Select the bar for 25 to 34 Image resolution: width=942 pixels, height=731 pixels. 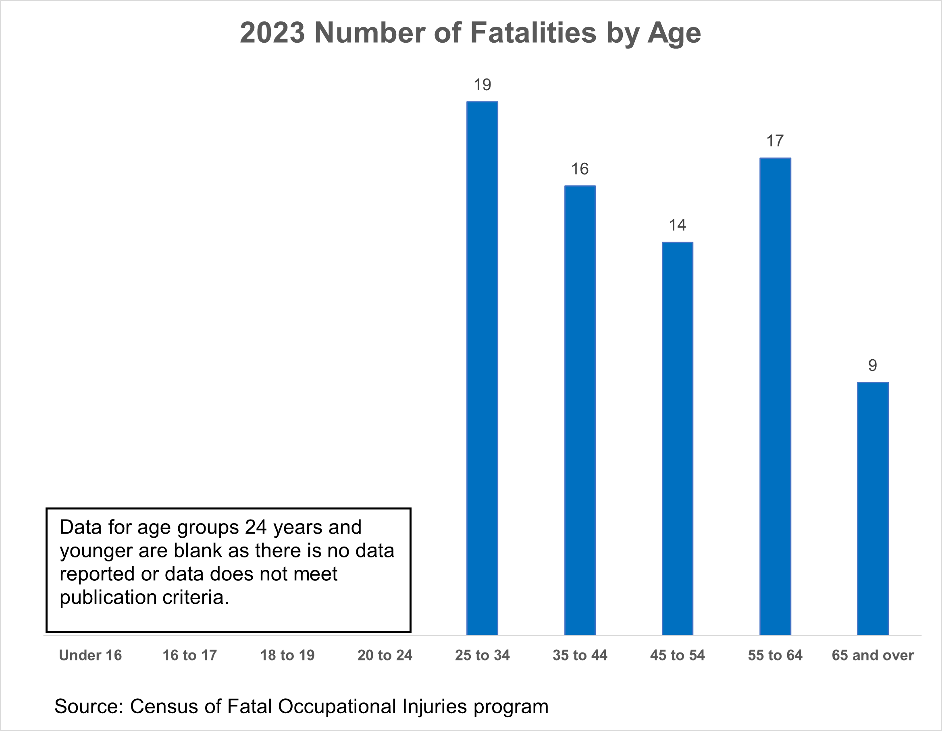(x=482, y=368)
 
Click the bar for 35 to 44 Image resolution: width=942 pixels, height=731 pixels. (x=580, y=410)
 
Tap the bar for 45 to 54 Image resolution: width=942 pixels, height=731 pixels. (x=677, y=438)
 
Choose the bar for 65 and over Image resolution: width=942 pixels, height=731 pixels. (x=873, y=509)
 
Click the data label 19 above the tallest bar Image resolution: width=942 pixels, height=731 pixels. (x=482, y=85)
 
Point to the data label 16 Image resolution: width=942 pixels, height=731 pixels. (x=580, y=169)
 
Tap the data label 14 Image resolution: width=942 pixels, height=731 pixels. (x=677, y=225)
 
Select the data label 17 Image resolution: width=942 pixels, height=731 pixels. (x=775, y=141)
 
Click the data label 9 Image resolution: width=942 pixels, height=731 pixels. (x=873, y=366)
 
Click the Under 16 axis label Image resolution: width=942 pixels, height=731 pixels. (x=90, y=655)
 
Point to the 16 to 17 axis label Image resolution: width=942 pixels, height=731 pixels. (x=189, y=655)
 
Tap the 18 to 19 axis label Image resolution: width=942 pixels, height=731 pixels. (x=287, y=655)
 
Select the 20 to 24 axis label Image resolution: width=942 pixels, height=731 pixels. (x=385, y=655)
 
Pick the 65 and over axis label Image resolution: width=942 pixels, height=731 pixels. (x=873, y=655)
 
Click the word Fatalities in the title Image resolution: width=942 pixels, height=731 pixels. (x=533, y=32)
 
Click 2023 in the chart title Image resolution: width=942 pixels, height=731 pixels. (x=272, y=32)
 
